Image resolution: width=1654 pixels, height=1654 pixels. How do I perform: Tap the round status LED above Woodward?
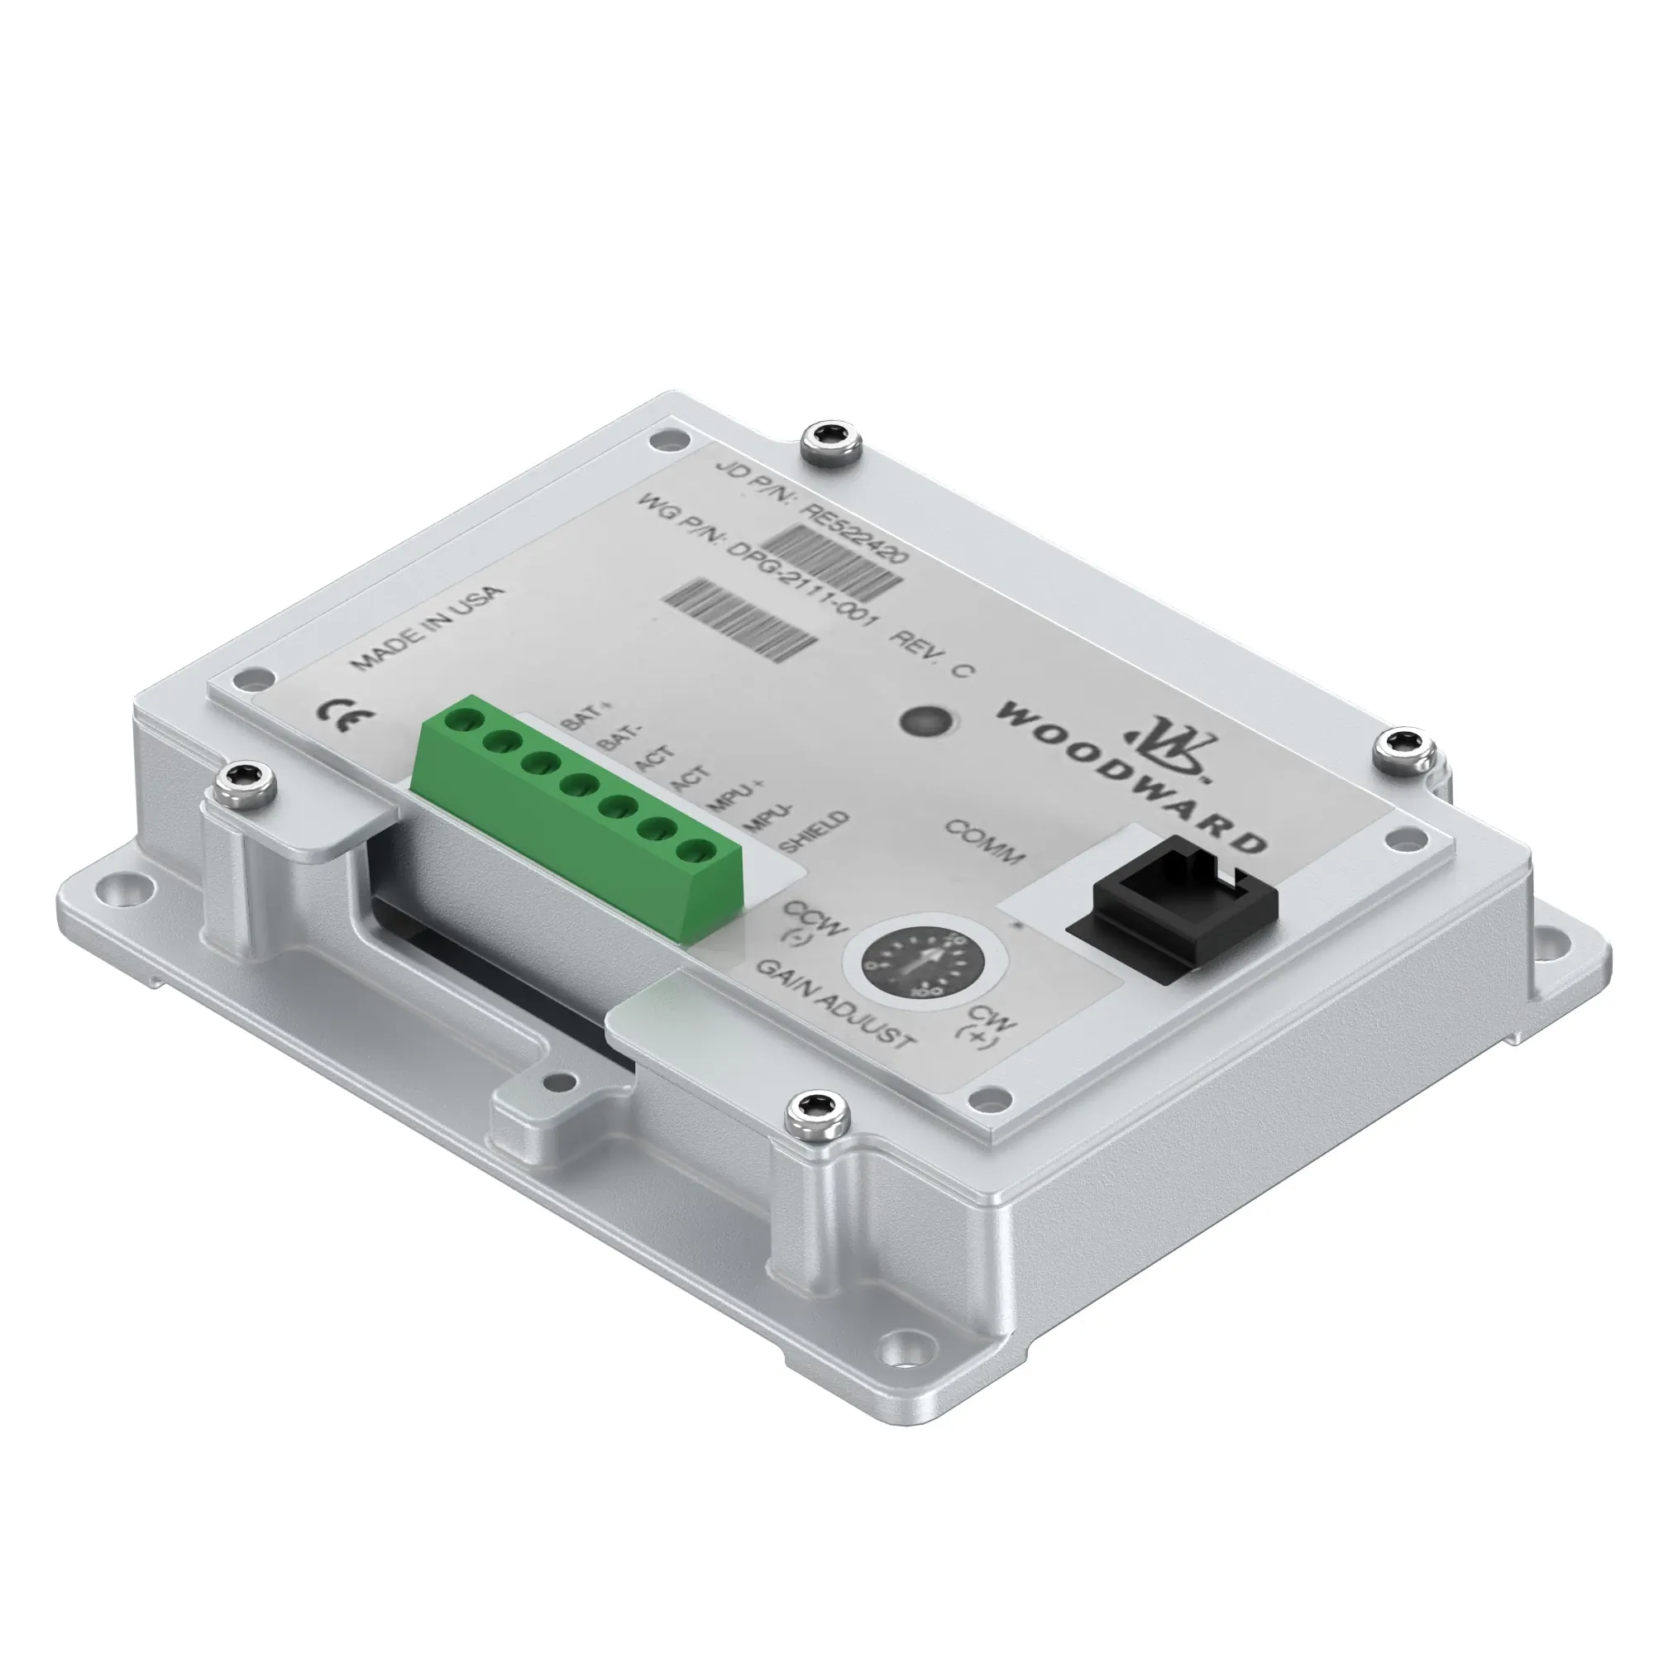[x=926, y=722]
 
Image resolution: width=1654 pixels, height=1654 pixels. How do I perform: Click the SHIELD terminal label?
[x=816, y=830]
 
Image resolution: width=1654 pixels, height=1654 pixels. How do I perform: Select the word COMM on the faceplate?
[x=984, y=842]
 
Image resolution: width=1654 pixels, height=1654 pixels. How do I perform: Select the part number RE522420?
[x=852, y=533]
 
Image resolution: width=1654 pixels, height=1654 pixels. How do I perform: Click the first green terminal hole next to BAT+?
[x=465, y=719]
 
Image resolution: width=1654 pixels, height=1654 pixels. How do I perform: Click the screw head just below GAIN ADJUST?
[x=818, y=1114]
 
